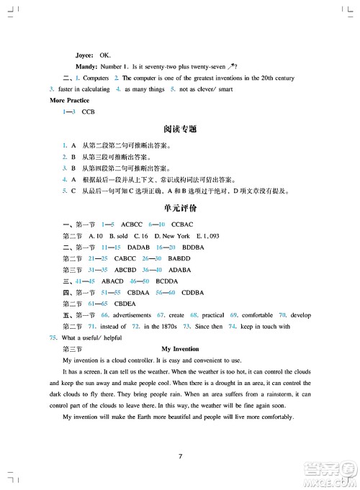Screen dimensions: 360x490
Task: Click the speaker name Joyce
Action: tap(85, 55)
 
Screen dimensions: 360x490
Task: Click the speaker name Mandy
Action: tap(86, 66)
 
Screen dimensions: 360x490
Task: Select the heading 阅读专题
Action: tap(179, 130)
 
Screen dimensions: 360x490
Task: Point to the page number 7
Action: tap(180, 455)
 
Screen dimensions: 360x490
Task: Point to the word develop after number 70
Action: tap(300, 315)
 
